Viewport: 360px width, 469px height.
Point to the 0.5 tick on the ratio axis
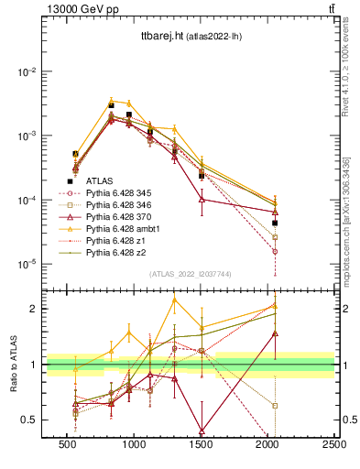click(x=32, y=420)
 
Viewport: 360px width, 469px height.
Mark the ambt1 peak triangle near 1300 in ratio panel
click(x=174, y=300)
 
